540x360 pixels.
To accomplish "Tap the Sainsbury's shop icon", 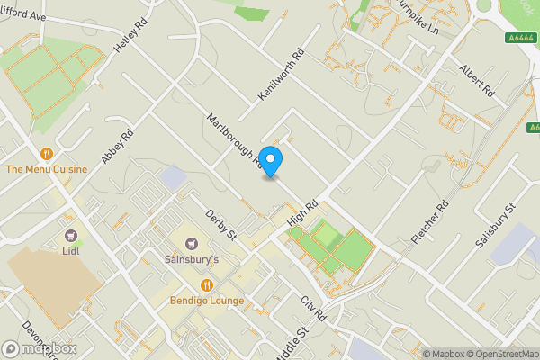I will pyautogui.click(x=191, y=243).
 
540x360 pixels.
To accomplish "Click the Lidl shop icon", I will pyautogui.click(x=70, y=235).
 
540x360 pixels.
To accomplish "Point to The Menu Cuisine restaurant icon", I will pyautogui.click(x=46, y=153).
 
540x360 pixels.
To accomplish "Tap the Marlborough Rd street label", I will pyautogui.click(x=234, y=141).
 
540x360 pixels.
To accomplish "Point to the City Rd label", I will pyautogui.click(x=312, y=308).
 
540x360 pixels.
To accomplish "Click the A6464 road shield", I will pyautogui.click(x=520, y=37).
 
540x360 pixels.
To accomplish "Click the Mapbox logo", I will pyautogui.click(x=39, y=348).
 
